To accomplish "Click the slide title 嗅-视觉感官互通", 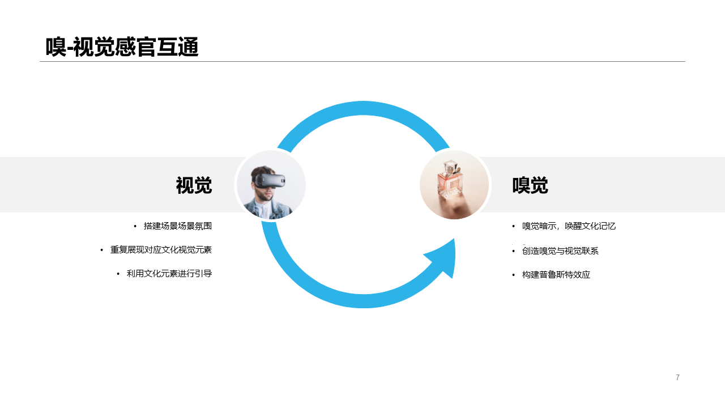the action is [x=122, y=47].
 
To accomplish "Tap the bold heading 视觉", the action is [x=194, y=185].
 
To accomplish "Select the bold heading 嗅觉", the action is [x=530, y=185].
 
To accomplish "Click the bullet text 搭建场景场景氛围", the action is [x=178, y=226].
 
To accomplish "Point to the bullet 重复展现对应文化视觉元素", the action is [x=161, y=250].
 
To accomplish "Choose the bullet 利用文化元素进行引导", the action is [x=169, y=274].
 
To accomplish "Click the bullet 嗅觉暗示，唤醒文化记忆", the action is [x=569, y=226].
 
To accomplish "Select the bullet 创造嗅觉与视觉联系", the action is [x=560, y=251].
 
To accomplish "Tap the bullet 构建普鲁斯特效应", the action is [x=556, y=275].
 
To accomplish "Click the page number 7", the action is [x=677, y=377].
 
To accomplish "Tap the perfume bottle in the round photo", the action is [x=450, y=181].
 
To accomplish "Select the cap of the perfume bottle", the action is [x=450, y=167].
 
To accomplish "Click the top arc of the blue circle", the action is [x=363, y=108].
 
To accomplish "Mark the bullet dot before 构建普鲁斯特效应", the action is [x=513, y=275].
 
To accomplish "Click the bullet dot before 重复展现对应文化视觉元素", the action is [x=101, y=250].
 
